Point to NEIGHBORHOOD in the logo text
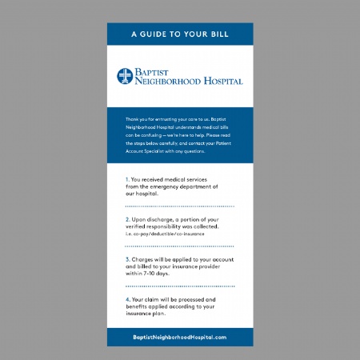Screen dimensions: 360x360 tap(167, 82)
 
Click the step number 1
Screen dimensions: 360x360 tap(127, 179)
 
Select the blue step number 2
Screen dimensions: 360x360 tap(127, 219)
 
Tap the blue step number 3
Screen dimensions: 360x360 tap(127, 259)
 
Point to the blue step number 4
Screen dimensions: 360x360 tap(127, 299)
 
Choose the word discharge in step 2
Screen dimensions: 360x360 tap(165, 219)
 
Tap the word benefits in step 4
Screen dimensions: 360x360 tap(140, 306)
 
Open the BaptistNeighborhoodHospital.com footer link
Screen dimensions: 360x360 tap(180, 337)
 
